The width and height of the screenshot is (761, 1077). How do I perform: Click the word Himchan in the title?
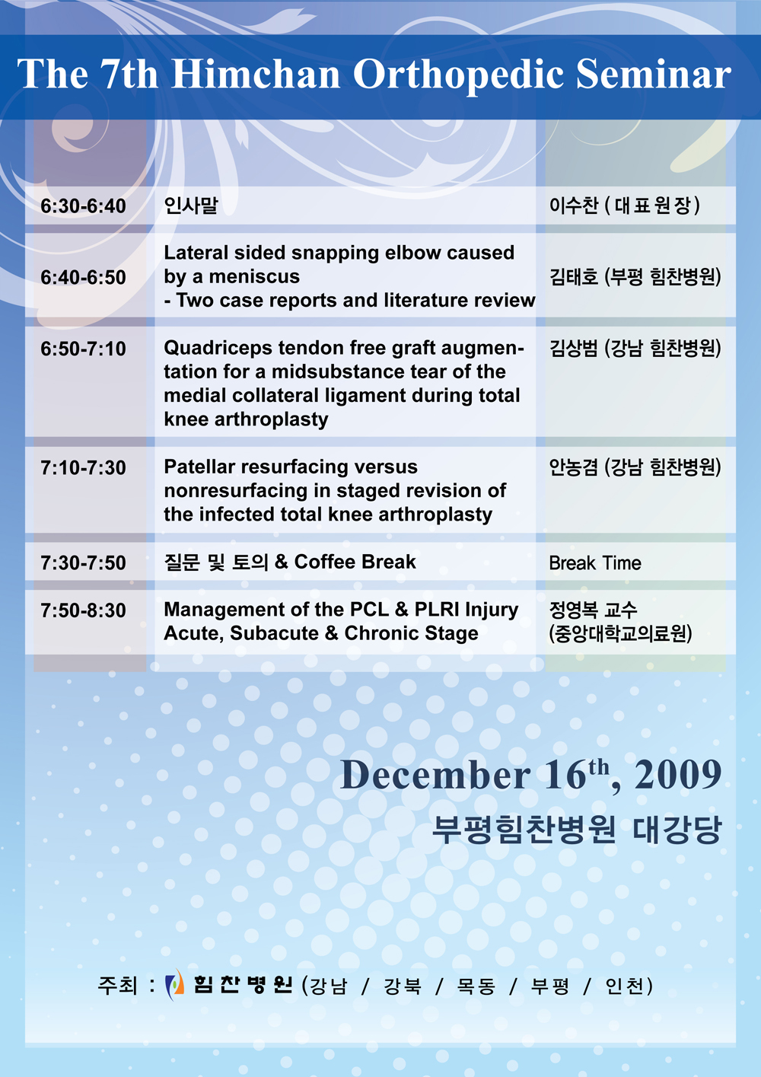(x=255, y=74)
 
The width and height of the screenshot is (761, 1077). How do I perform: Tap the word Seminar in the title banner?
(x=653, y=74)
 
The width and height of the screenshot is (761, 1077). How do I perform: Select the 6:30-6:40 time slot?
(x=83, y=206)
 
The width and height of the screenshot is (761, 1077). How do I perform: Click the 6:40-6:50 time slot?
(x=83, y=277)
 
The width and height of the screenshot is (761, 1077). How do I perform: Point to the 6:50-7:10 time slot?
(x=83, y=349)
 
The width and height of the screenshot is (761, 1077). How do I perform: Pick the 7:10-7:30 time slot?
(x=83, y=467)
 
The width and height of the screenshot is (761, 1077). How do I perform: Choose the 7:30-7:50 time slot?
(x=83, y=562)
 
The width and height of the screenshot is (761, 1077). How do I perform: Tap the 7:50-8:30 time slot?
(x=83, y=610)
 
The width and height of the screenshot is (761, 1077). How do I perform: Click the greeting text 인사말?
(x=191, y=206)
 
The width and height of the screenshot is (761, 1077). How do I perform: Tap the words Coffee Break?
(x=355, y=562)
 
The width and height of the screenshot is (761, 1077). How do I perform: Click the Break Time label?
(x=595, y=562)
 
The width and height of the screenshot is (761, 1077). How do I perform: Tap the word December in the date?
(x=435, y=775)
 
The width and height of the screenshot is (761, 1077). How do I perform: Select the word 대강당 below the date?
(x=677, y=829)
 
